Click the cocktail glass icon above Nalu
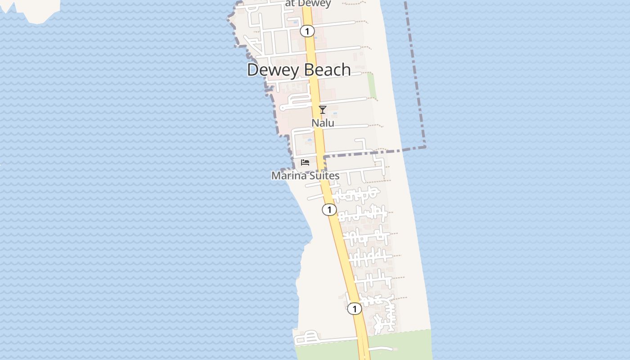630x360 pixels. [323, 109]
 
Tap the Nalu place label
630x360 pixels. [323, 123]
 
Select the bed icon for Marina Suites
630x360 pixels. [305, 162]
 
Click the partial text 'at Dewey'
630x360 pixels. [308, 4]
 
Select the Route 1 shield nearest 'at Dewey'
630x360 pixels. [307, 31]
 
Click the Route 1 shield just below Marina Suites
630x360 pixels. [329, 210]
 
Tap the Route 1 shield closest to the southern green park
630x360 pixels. [355, 309]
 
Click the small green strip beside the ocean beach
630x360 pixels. [372, 85]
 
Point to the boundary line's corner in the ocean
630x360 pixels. [424, 146]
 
